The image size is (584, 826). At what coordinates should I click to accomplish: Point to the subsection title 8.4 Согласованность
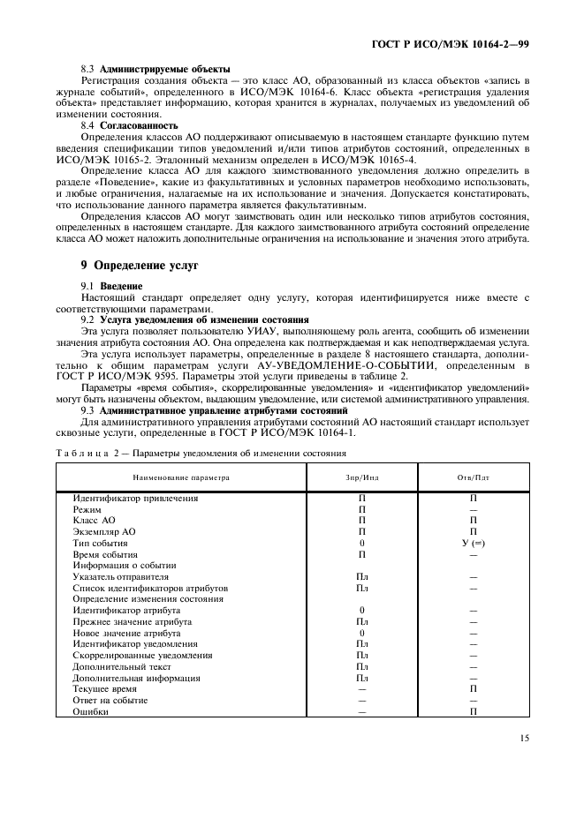coord(134,125)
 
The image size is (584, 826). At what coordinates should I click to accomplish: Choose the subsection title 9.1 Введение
coord(113,288)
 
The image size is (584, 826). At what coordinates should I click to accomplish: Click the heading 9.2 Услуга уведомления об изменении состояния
coord(194,319)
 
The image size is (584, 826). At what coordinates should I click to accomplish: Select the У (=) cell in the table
coord(473,543)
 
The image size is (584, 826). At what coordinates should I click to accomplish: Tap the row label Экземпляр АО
coord(104,532)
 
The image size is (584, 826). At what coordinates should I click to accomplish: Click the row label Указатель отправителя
coord(120,576)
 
